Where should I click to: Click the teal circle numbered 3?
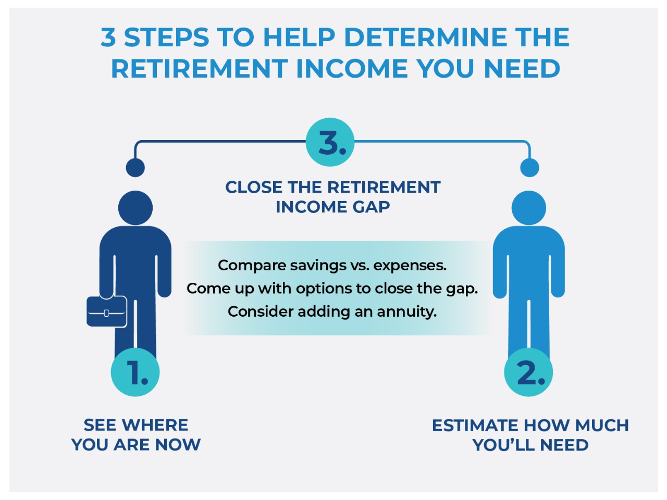pyautogui.click(x=330, y=142)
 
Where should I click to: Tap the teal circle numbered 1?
pyautogui.click(x=135, y=372)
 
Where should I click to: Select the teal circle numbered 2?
pyautogui.click(x=528, y=372)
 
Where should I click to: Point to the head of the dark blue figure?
pyautogui.click(x=135, y=208)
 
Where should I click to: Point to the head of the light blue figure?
pyautogui.click(x=529, y=208)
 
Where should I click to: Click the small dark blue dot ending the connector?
pyautogui.click(x=135, y=168)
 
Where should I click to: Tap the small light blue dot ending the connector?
pyautogui.click(x=529, y=168)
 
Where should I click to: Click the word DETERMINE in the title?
pyautogui.click(x=425, y=37)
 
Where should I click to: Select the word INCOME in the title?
pyautogui.click(x=352, y=68)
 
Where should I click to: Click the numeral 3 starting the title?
pyautogui.click(x=108, y=37)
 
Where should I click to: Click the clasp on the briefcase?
pyautogui.click(x=106, y=312)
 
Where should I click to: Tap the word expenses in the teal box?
pyautogui.click(x=410, y=266)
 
